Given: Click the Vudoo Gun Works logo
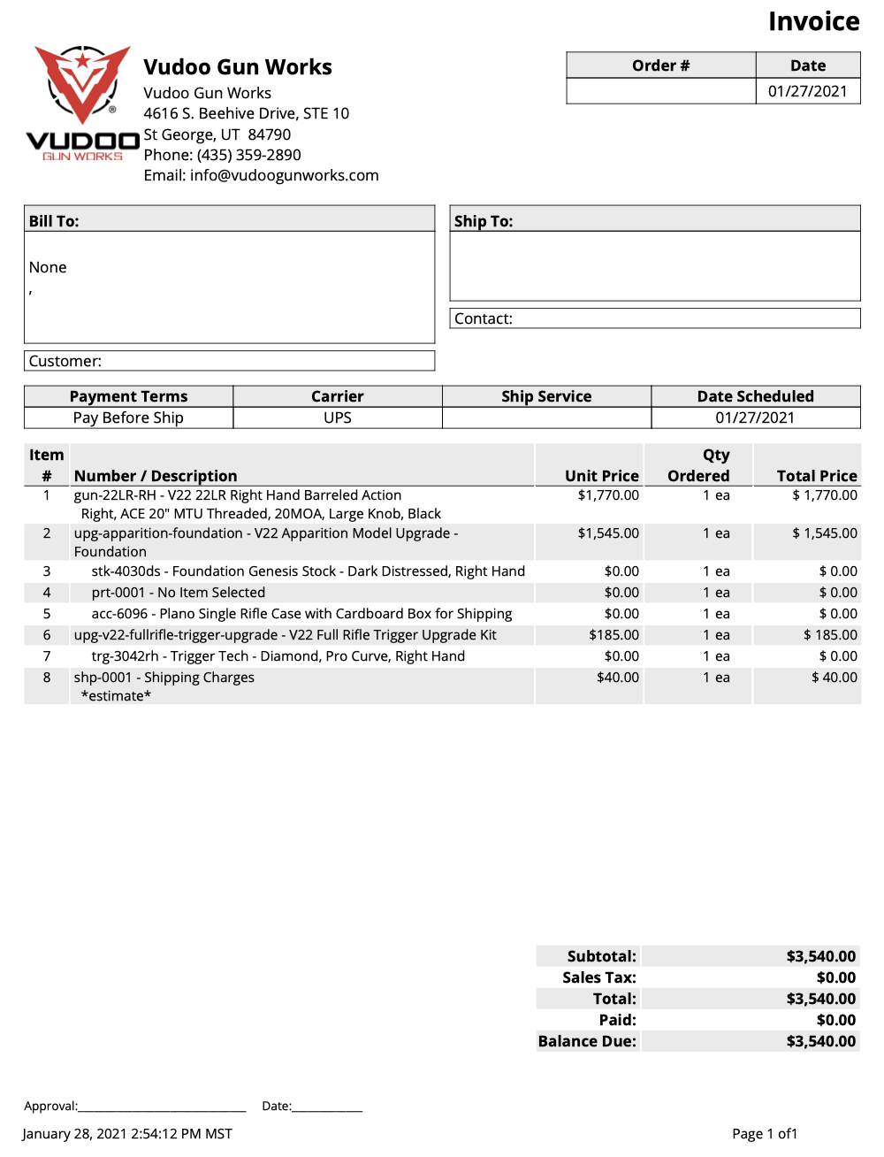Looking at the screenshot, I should (x=82, y=103).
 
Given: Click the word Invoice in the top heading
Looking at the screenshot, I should (x=813, y=21).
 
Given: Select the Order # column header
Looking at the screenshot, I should (x=660, y=65).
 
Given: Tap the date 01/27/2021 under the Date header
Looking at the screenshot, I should (x=807, y=91).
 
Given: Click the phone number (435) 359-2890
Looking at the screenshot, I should (x=248, y=155).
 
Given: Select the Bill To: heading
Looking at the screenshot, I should (x=54, y=221).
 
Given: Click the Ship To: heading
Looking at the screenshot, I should (x=484, y=221).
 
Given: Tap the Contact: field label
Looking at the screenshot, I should (x=484, y=318).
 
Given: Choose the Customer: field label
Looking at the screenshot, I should (x=65, y=361).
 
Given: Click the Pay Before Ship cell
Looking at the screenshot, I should (x=128, y=418).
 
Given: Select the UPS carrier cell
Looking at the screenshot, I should (x=338, y=418).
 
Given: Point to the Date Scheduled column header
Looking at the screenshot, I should (x=755, y=396).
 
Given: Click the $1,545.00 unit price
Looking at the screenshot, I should (x=608, y=533).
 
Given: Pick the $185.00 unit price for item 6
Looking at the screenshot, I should (x=613, y=635).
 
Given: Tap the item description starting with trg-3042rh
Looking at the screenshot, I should (x=278, y=656).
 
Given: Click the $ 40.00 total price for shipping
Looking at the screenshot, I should (x=834, y=678).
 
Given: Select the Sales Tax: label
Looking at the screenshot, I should (x=598, y=977).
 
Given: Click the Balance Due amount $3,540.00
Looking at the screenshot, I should (x=820, y=1041).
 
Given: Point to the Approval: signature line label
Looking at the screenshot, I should (x=50, y=1106).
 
